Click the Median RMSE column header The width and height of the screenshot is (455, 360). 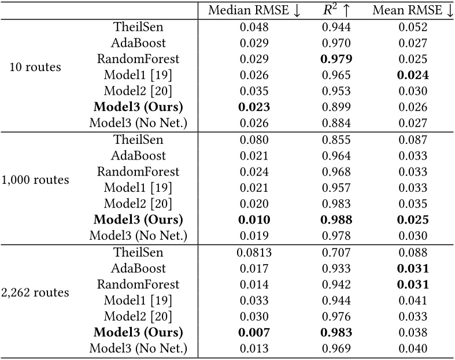(x=254, y=10)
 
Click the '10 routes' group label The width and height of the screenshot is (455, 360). (x=35, y=67)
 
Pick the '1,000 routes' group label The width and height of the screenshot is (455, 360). (x=35, y=180)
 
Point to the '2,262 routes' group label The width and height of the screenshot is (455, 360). (x=35, y=292)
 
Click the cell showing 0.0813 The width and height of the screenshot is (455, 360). (x=254, y=253)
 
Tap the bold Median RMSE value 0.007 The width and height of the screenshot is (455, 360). (x=254, y=333)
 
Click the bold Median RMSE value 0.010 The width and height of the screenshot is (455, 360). (x=254, y=220)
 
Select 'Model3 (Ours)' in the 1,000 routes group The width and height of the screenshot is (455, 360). (x=138, y=220)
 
